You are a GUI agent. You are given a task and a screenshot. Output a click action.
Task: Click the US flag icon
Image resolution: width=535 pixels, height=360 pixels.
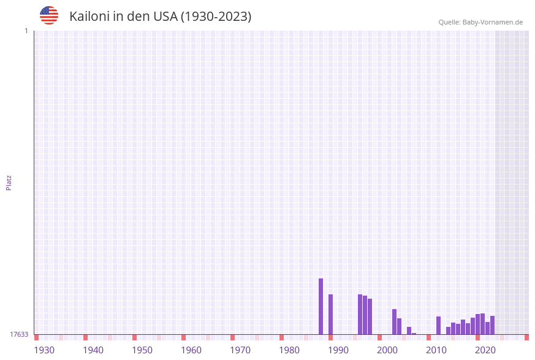49,15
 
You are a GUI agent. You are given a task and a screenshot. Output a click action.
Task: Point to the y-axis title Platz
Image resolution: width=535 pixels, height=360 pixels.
9,182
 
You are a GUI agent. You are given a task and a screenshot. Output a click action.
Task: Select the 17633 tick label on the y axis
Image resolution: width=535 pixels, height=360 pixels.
19,334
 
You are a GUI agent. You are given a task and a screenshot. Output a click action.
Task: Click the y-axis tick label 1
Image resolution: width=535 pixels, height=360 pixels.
26,31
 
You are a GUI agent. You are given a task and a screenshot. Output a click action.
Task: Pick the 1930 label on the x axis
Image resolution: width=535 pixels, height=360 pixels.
44,350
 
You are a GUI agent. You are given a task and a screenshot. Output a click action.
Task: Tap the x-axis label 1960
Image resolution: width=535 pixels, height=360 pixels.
191,350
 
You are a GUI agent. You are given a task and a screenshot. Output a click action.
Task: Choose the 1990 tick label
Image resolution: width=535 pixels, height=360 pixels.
338,350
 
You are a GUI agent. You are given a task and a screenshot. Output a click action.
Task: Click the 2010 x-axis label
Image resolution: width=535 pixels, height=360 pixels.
436,350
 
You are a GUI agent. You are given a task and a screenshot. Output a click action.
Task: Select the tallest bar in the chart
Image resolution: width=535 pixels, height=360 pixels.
321,306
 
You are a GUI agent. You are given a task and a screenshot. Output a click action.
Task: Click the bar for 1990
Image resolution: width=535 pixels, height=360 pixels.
330,314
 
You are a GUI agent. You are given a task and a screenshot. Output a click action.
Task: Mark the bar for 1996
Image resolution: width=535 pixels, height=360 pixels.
370,316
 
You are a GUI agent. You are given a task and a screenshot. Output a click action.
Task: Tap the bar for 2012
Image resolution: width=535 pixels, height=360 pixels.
438,325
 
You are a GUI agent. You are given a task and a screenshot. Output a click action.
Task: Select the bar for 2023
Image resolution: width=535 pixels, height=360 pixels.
492,325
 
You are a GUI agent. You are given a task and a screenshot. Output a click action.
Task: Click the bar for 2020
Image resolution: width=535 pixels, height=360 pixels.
477,324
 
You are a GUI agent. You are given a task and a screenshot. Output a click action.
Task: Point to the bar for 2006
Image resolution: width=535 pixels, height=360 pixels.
414,334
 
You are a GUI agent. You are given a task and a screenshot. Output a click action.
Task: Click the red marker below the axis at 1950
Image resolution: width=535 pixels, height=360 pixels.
134,337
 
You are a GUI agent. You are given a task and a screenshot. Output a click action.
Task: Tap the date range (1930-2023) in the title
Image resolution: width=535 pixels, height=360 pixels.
215,17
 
